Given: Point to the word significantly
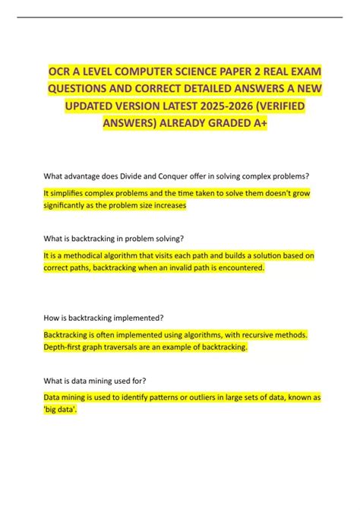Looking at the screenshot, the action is tap(68, 205).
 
